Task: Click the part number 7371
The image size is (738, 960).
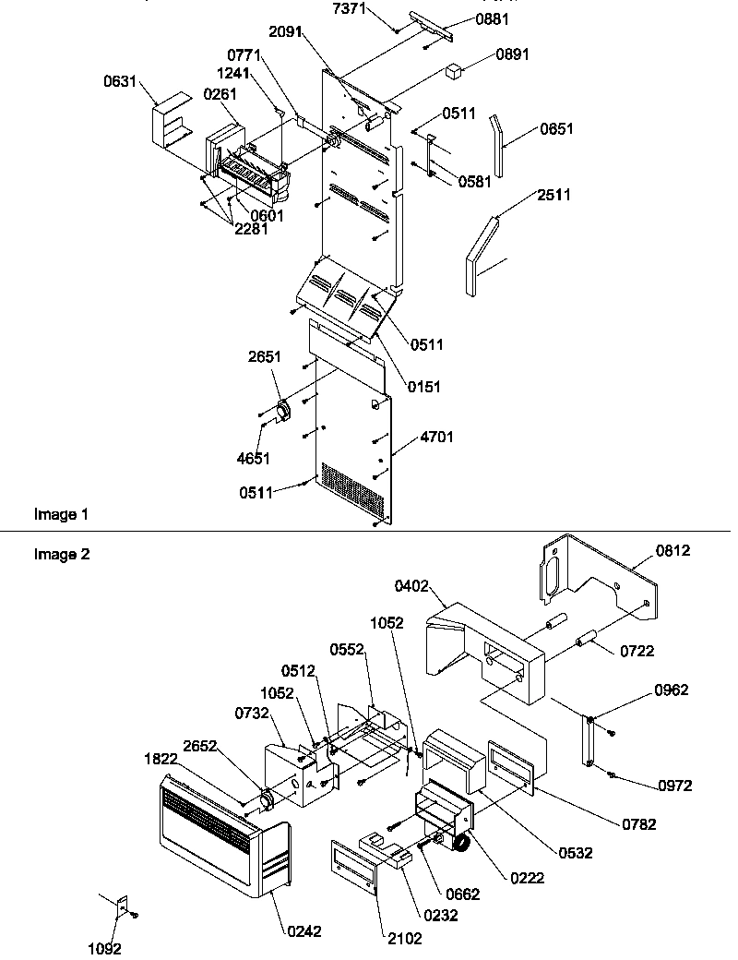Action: tap(349, 9)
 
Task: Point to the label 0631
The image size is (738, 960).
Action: tap(122, 83)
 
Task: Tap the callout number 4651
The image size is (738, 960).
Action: tap(253, 457)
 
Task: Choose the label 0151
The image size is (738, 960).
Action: tap(423, 387)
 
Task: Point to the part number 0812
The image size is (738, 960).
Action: tap(673, 551)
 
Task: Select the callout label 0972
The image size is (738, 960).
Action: tap(674, 786)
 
